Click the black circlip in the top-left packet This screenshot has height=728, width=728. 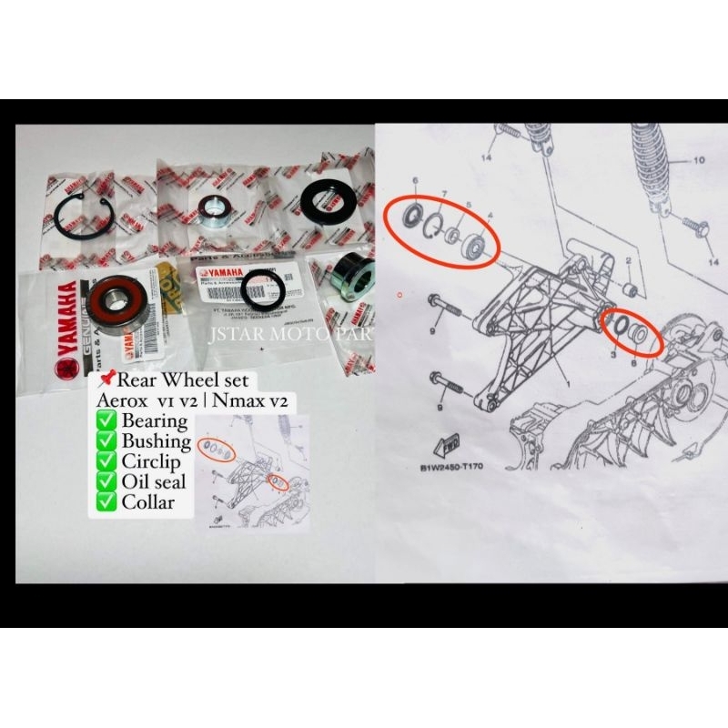83,217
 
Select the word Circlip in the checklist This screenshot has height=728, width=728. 151,461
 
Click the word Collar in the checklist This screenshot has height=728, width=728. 146,501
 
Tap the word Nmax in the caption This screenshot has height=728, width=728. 240,400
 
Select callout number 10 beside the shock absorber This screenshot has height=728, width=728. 699,160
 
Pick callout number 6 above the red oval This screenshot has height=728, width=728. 415,181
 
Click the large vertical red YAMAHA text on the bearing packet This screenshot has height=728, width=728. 67,318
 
